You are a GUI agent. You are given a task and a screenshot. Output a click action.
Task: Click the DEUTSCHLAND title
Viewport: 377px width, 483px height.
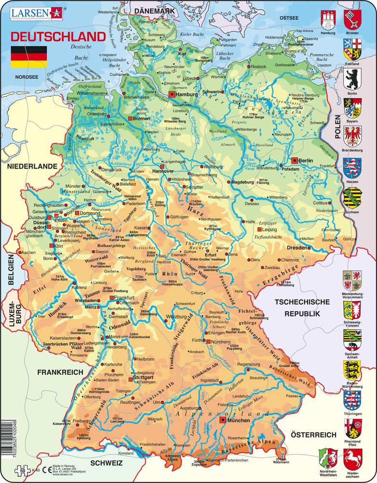[x=58, y=37]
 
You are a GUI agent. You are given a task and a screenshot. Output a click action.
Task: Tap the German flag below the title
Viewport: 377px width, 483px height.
[x=28, y=57]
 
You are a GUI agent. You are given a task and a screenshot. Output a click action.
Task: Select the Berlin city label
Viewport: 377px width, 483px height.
[x=306, y=160]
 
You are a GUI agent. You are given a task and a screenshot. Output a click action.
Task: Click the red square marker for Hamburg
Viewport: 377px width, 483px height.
[x=171, y=95]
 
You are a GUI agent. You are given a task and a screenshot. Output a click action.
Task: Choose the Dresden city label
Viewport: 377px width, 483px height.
[x=298, y=247]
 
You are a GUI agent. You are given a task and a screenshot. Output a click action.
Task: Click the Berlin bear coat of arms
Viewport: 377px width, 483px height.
[x=351, y=79]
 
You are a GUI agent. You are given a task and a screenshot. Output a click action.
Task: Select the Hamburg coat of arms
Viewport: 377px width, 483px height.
[x=328, y=19]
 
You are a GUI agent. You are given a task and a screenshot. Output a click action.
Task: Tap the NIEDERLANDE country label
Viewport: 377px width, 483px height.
[x=32, y=166]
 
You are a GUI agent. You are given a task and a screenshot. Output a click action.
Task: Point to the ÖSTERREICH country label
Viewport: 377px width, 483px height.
[x=314, y=435]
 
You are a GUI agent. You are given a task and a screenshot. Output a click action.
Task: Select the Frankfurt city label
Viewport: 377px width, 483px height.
[x=125, y=298]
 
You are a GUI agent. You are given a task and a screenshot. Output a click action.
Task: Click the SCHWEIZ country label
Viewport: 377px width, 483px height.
[x=103, y=463]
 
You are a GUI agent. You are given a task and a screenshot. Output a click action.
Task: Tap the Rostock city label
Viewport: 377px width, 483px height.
[x=258, y=67]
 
